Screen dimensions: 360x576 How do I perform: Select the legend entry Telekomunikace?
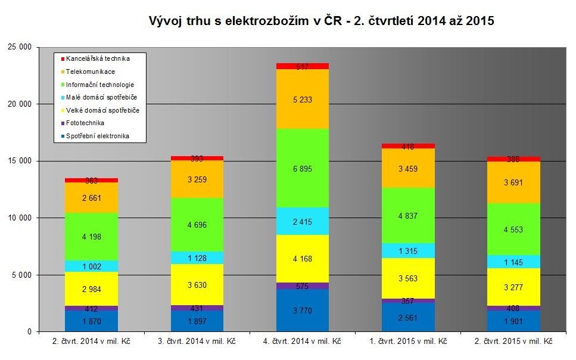point(91,72)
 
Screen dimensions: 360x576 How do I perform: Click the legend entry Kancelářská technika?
point(98,58)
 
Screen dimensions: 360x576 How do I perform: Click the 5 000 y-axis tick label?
point(21,275)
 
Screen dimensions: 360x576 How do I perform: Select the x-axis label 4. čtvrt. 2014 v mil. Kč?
point(303,342)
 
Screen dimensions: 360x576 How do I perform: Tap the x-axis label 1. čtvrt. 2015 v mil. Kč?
point(409,342)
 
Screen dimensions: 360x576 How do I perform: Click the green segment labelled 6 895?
point(303,168)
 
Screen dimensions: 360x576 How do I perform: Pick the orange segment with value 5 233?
point(303,99)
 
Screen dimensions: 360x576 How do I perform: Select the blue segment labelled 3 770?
point(303,310)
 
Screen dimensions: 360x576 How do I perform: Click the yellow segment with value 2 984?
point(91,288)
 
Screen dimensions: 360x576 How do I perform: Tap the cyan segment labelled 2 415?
point(303,221)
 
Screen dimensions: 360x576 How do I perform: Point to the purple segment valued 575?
point(303,286)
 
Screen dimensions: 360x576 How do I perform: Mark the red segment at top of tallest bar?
point(303,66)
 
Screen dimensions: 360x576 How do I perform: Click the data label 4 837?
point(409,216)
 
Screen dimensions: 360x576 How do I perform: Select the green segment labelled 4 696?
point(197,225)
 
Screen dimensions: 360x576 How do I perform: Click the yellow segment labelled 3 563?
point(409,278)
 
